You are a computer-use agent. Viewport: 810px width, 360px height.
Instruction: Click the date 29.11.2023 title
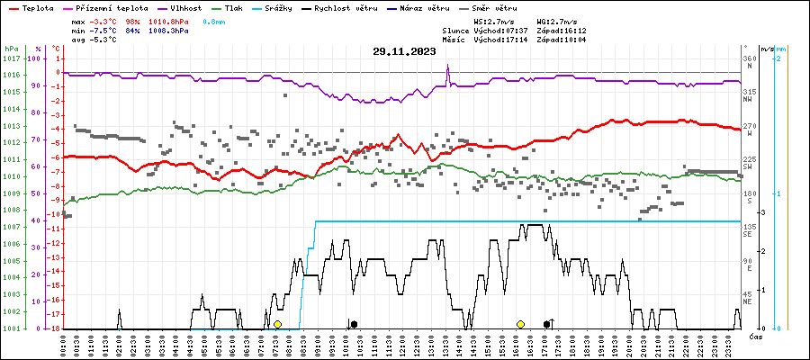pyautogui.click(x=404, y=52)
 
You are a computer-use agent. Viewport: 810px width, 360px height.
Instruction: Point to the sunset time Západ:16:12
pyautogui.click(x=561, y=30)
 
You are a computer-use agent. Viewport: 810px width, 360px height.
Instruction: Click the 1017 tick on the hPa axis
pyautogui.click(x=11, y=58)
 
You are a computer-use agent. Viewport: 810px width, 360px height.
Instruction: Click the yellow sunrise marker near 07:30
pyautogui.click(x=278, y=324)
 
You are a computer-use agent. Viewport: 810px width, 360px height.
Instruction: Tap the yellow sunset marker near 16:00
pyautogui.click(x=520, y=324)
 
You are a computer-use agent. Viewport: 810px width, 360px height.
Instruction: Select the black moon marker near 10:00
pyautogui.click(x=354, y=324)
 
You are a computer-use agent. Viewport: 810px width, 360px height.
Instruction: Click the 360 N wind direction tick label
pyautogui.click(x=749, y=62)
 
